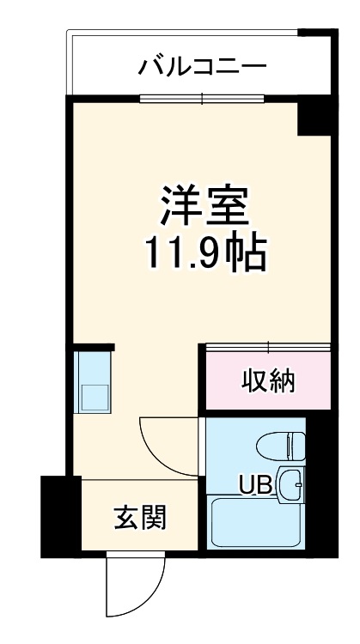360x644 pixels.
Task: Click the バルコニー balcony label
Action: tap(203, 65)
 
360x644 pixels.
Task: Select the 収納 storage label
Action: tap(267, 379)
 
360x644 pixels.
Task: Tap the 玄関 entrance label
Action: tap(139, 518)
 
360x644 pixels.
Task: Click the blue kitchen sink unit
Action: tap(92, 380)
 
